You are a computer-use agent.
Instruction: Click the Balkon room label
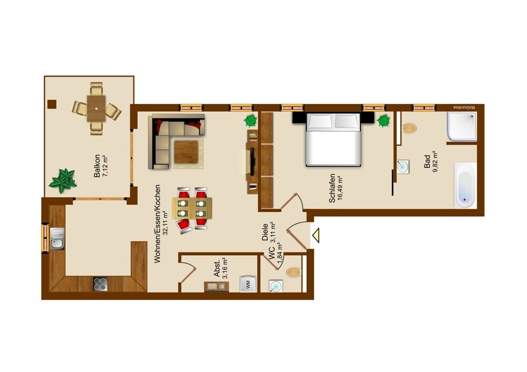click(x=97, y=165)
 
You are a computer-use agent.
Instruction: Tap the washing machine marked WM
click(x=248, y=285)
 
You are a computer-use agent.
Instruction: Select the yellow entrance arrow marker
click(x=316, y=235)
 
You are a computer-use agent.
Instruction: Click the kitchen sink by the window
click(x=57, y=239)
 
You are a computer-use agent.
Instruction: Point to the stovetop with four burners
click(x=100, y=284)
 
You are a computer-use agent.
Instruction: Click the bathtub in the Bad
click(x=465, y=185)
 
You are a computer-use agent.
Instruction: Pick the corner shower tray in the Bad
click(x=462, y=126)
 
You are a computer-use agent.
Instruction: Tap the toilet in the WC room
click(x=294, y=271)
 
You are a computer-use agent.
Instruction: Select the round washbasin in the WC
click(x=276, y=286)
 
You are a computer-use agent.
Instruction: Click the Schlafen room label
click(x=332, y=188)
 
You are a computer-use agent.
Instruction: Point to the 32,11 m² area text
click(x=164, y=222)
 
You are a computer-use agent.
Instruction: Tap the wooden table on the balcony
click(x=96, y=108)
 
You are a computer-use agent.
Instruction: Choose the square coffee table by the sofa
click(x=186, y=152)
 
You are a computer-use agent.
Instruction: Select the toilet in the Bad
click(x=409, y=128)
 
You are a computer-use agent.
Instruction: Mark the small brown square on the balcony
click(x=52, y=104)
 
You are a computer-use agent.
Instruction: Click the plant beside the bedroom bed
click(x=384, y=121)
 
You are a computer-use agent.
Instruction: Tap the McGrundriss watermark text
click(x=464, y=107)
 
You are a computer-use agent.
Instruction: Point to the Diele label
click(x=265, y=232)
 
